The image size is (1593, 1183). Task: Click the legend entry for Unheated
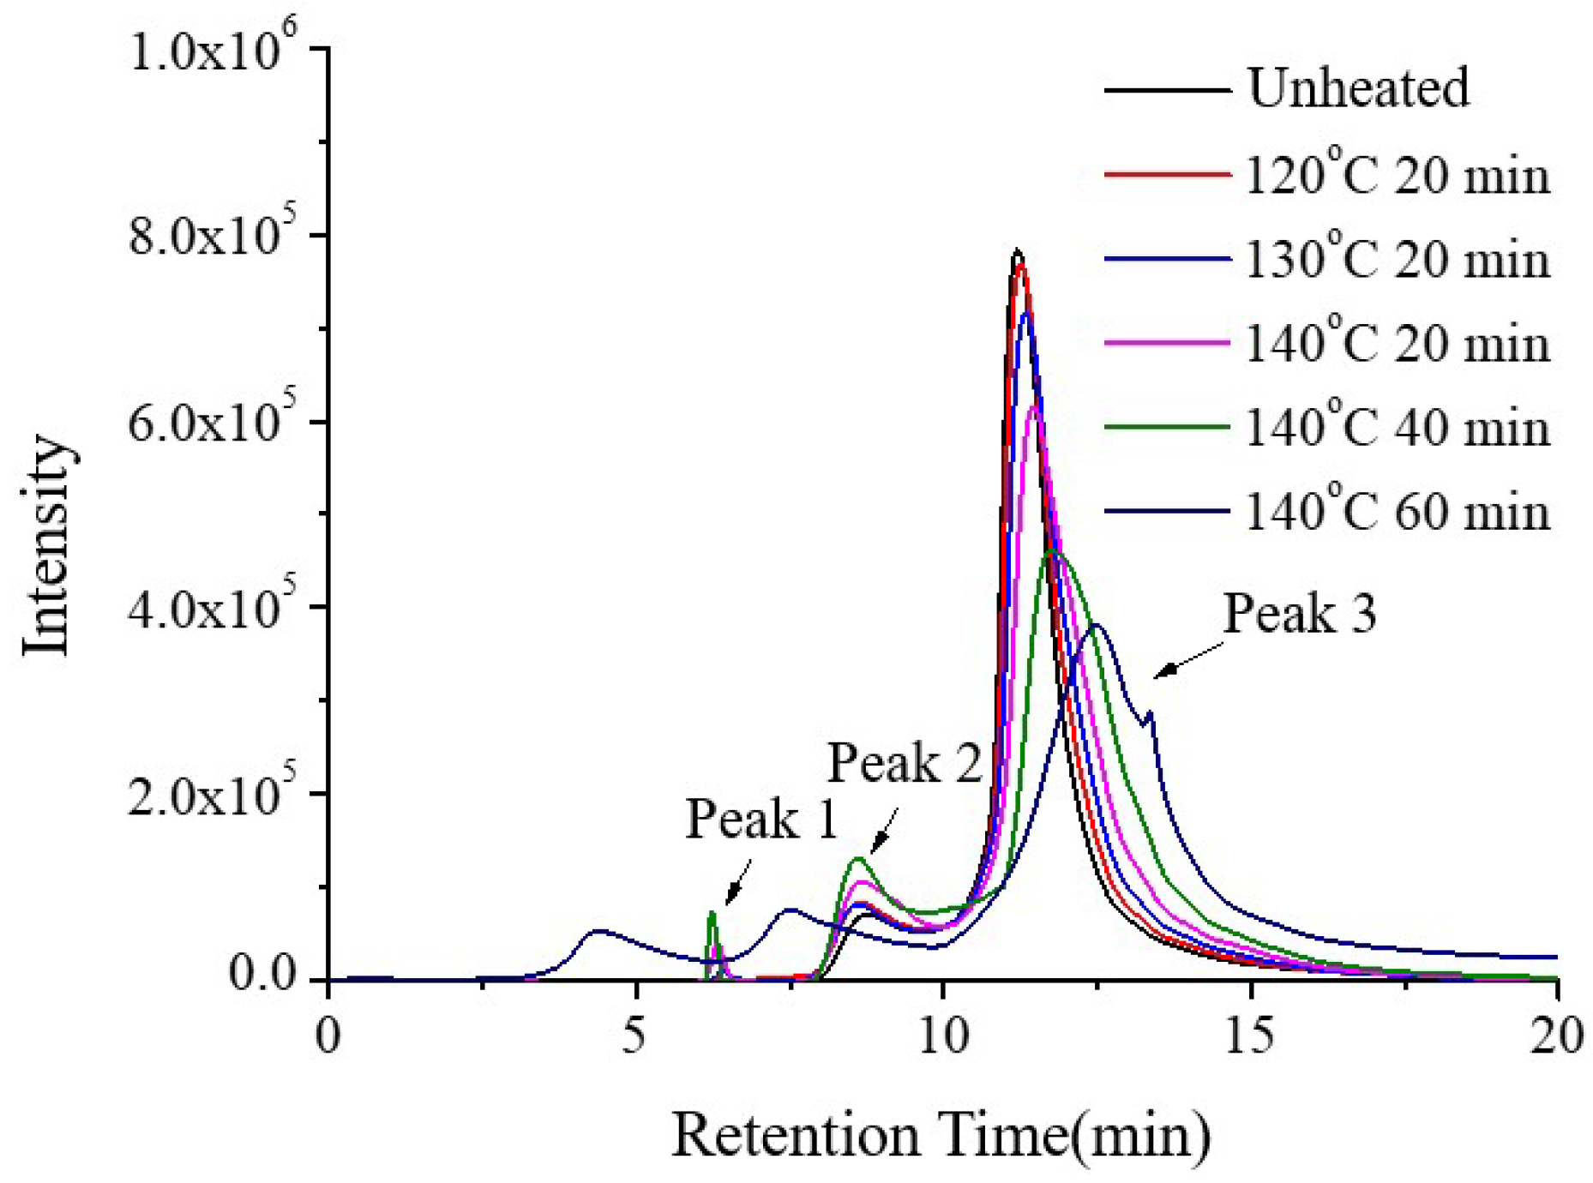pyautogui.click(x=1357, y=88)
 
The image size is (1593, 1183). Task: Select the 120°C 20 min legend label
pyautogui.click(x=1397, y=176)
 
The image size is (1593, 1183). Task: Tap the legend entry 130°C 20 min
pyautogui.click(x=1397, y=259)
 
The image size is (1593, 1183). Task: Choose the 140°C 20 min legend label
pyautogui.click(x=1397, y=343)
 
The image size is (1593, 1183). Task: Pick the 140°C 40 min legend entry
pyautogui.click(x=1397, y=427)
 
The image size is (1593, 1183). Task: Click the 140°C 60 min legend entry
pyautogui.click(x=1397, y=512)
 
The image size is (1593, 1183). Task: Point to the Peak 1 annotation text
pyautogui.click(x=761, y=819)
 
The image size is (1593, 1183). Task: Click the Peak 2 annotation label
pyautogui.click(x=904, y=762)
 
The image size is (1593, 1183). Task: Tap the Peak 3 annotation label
pyautogui.click(x=1299, y=614)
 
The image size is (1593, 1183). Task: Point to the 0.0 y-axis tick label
pyautogui.click(x=261, y=975)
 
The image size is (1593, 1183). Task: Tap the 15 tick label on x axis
pyautogui.click(x=1250, y=1036)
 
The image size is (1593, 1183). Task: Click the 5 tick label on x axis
pyautogui.click(x=634, y=1036)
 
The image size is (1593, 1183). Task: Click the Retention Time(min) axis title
pyautogui.click(x=941, y=1135)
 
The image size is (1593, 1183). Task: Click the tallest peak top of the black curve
pyautogui.click(x=1017, y=251)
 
